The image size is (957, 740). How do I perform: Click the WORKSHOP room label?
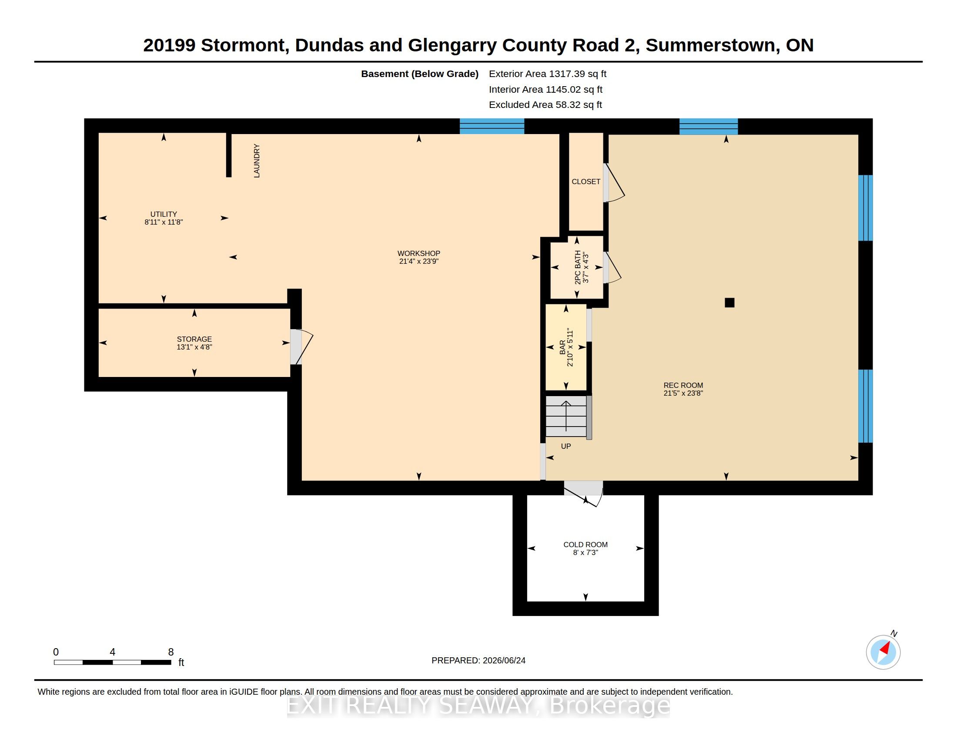(418, 253)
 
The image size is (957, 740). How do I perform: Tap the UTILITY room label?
(164, 214)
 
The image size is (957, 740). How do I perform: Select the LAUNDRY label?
(257, 161)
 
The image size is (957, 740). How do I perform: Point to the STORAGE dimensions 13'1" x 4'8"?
(194, 347)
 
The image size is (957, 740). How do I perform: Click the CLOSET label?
(586, 182)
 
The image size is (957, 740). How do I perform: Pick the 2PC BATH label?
(578, 267)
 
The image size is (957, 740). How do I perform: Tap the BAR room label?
(562, 347)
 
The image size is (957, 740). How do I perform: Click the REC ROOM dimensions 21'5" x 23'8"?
(683, 393)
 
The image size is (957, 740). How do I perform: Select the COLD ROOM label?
(586, 545)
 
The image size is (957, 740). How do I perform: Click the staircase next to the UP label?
(566, 417)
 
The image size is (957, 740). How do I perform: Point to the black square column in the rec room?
(729, 303)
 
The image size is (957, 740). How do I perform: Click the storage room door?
(301, 347)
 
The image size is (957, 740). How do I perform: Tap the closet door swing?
(614, 183)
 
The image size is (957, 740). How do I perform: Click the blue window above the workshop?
(492, 126)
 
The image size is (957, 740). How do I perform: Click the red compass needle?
(885, 649)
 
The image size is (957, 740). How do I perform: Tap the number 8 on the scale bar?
(171, 652)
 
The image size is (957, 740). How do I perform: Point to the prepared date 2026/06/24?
(504, 660)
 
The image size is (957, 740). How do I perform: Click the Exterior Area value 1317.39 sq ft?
(578, 74)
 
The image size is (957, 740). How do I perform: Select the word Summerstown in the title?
(713, 45)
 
